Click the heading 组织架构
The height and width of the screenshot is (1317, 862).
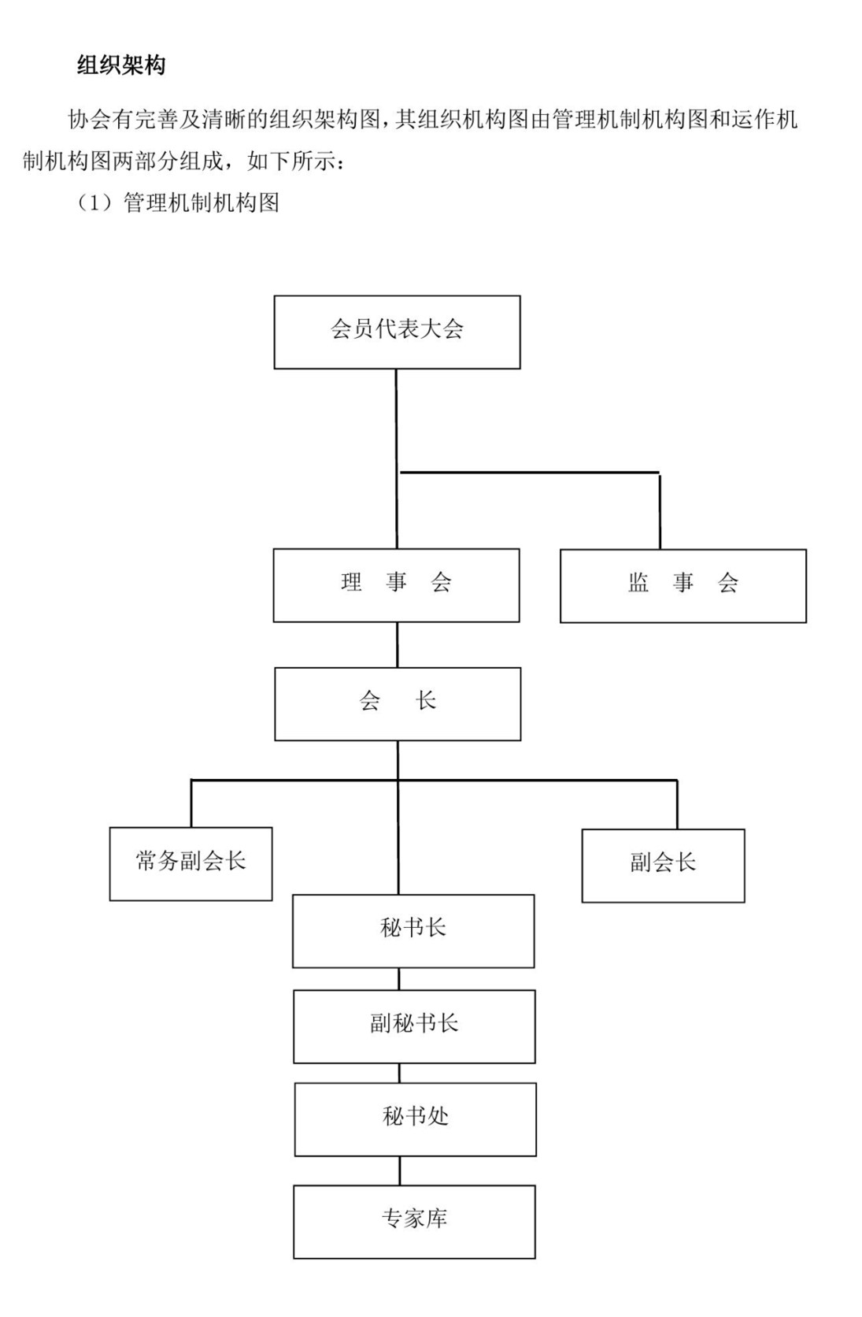click(x=121, y=65)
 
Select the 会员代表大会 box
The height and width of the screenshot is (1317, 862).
click(x=398, y=332)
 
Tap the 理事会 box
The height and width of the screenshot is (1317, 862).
click(x=397, y=585)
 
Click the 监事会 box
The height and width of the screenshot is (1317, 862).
click(x=683, y=586)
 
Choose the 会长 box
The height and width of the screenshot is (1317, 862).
click(x=398, y=703)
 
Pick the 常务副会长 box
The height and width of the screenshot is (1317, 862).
click(x=191, y=864)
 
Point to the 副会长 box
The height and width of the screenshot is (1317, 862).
click(x=664, y=866)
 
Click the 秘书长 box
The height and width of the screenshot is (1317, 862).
click(x=413, y=931)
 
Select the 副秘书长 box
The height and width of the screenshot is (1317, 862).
click(x=414, y=1026)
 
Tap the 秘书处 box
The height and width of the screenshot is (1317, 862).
click(x=416, y=1119)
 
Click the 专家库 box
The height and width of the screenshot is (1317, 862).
click(x=414, y=1222)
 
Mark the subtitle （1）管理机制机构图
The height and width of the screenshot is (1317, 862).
click(x=178, y=203)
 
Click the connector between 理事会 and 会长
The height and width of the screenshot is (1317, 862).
click(x=398, y=644)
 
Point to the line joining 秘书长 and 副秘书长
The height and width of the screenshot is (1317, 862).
click(x=399, y=979)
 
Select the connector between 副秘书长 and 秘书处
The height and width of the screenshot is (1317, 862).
click(x=400, y=1073)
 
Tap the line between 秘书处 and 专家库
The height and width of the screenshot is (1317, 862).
click(x=400, y=1170)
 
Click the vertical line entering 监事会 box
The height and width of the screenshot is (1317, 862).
click(x=660, y=511)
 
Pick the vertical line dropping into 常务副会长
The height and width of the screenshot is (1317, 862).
click(x=191, y=803)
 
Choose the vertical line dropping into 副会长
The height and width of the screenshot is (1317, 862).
click(x=677, y=805)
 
